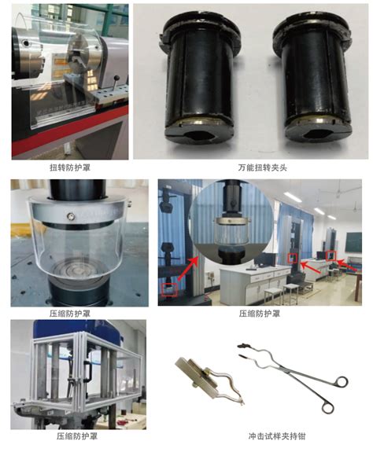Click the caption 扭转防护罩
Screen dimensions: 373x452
(70, 167)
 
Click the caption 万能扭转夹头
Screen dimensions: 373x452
(262, 167)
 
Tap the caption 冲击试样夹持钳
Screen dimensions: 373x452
(277, 435)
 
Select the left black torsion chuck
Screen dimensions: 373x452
(199, 79)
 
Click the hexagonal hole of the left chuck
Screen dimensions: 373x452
(200, 135)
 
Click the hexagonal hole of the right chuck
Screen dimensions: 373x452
(319, 134)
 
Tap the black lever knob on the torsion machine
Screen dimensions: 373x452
(117, 78)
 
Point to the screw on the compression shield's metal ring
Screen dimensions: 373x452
(70, 215)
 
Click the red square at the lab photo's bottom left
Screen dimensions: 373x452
(169, 289)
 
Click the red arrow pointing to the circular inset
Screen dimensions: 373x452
(188, 269)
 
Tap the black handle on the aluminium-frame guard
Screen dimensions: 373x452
(88, 369)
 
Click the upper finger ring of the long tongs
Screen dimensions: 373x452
(342, 381)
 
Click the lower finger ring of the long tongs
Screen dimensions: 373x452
(327, 408)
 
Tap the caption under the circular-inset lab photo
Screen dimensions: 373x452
(259, 314)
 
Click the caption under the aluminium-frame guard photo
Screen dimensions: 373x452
(77, 435)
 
